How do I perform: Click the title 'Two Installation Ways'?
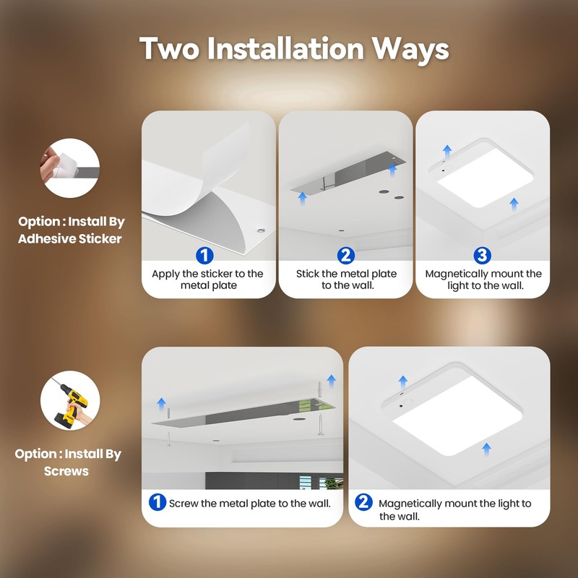click(x=294, y=48)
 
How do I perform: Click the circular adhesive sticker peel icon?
click(x=69, y=168)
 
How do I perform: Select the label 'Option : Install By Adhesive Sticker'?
click(x=70, y=230)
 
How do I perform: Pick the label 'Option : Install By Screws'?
click(x=68, y=462)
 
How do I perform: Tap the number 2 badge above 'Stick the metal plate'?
click(x=346, y=255)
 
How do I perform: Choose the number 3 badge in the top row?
click(x=483, y=255)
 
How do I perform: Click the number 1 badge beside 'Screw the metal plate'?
click(x=158, y=502)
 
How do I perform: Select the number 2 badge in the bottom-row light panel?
click(x=364, y=502)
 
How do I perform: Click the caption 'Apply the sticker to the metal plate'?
click(x=207, y=280)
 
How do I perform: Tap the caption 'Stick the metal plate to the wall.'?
click(x=346, y=280)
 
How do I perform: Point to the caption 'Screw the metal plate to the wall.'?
click(x=250, y=503)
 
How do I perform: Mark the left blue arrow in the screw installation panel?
click(x=162, y=403)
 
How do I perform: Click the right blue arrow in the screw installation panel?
click(x=331, y=380)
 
